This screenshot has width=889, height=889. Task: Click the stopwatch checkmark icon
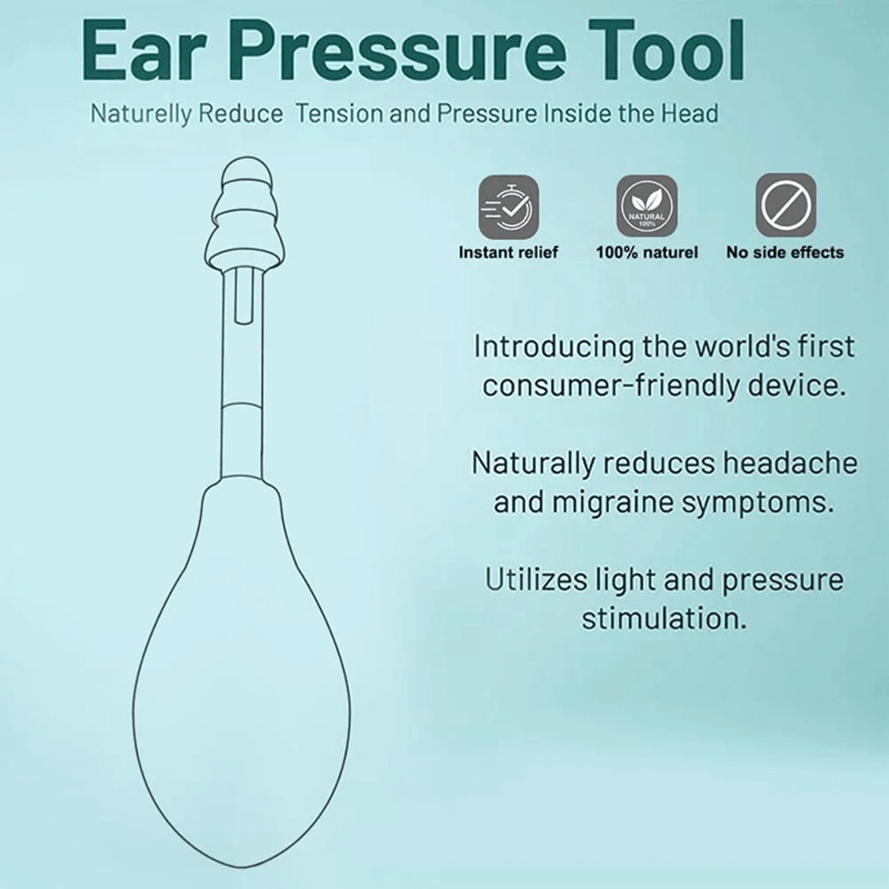509,205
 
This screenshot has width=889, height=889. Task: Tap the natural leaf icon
646,205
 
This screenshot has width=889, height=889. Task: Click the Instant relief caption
509,252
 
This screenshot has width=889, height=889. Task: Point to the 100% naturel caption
646,252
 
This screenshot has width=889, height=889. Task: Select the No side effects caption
785,252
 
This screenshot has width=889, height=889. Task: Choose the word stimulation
664,618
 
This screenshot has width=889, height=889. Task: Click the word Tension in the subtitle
343,115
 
